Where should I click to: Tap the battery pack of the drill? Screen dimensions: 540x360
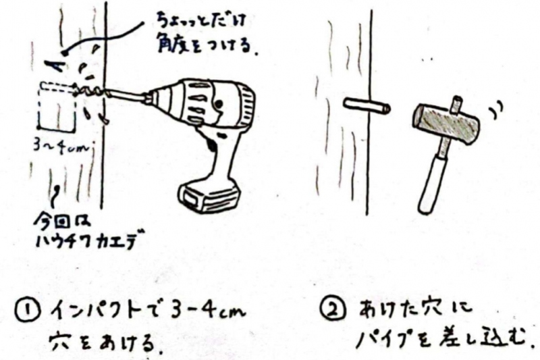pos(209,197)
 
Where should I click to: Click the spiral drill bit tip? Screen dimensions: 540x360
pos(90,91)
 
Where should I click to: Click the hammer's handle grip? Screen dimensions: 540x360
pos(432,185)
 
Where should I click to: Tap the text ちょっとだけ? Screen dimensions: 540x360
pos(200,20)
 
